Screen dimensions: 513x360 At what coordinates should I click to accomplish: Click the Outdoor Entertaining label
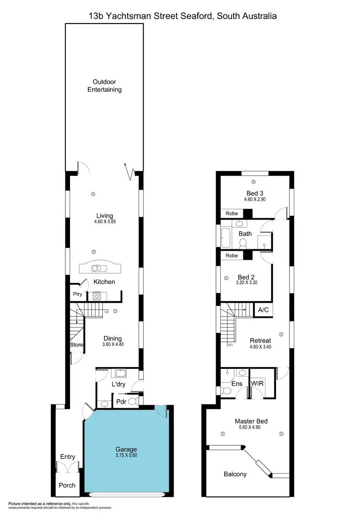pyautogui.click(x=104, y=85)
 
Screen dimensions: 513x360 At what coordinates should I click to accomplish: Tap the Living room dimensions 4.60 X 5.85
pyautogui.click(x=104, y=223)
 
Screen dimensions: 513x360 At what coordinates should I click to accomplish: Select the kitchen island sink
pyautogui.click(x=100, y=269)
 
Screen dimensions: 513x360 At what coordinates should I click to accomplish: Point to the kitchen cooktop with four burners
pyautogui.click(x=96, y=296)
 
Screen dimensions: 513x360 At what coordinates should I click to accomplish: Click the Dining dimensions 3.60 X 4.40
pyautogui.click(x=112, y=345)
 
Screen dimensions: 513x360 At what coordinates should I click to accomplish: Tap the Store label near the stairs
pyautogui.click(x=77, y=345)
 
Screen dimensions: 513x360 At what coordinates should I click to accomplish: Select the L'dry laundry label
pyautogui.click(x=118, y=385)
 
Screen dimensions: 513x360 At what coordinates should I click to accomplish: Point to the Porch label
pyautogui.click(x=67, y=485)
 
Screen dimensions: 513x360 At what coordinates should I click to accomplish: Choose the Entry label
pyautogui.click(x=68, y=457)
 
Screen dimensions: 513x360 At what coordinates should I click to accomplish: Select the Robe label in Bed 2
pyautogui.click(x=232, y=256)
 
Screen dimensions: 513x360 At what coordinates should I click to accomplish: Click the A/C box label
pyautogui.click(x=264, y=310)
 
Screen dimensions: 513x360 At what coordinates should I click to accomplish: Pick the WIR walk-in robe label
pyautogui.click(x=257, y=383)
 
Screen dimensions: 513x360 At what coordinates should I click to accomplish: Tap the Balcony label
pyautogui.click(x=235, y=474)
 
